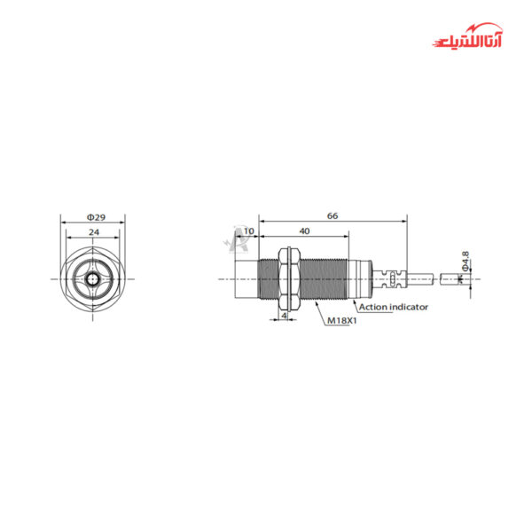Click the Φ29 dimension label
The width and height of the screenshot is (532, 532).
93,217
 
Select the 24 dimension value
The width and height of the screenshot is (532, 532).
93,232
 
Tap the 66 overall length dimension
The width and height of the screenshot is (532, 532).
332,215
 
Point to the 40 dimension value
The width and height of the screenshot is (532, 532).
304,231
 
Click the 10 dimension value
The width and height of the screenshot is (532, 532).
248,231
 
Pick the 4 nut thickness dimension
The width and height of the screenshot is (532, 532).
284,315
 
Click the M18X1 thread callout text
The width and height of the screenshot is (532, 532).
341,320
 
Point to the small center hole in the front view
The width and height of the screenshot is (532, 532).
93,278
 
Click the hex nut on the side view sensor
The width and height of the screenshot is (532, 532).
285,278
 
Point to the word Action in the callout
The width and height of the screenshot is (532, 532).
372,307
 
